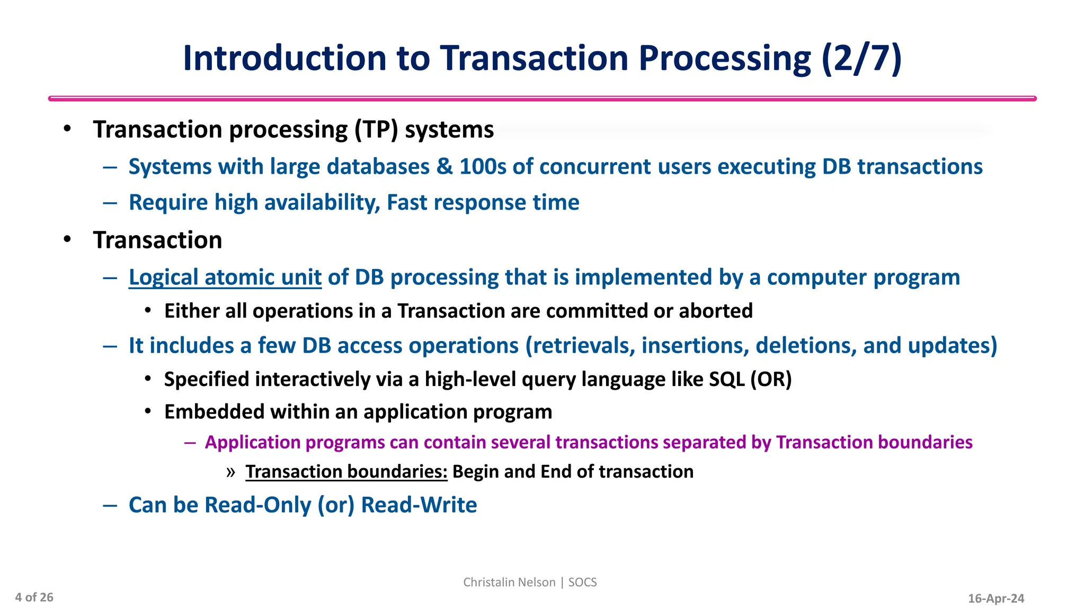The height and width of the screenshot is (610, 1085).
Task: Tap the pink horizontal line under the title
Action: pos(542,98)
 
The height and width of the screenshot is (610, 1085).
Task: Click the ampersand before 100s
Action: pos(444,167)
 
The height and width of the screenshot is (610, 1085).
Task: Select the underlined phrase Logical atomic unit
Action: pos(225,277)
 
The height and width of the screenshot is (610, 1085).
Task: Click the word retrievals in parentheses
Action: pos(584,346)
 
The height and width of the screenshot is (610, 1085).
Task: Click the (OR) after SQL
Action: pos(771,380)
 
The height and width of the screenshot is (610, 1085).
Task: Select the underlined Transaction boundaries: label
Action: pos(346,472)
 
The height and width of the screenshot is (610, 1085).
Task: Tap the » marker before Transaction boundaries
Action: pos(230,472)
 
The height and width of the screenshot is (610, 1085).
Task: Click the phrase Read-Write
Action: pos(419,505)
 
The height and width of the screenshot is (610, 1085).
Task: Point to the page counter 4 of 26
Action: pos(34,598)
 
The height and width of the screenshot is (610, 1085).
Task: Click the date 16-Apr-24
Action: pos(996,599)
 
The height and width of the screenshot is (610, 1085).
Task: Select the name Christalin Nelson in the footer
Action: pos(509,582)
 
